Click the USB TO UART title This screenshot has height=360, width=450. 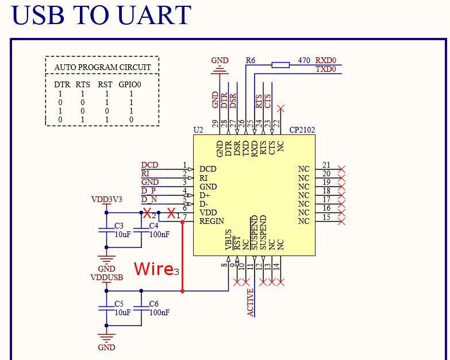[x=101, y=16]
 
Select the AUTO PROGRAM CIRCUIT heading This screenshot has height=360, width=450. [x=102, y=67]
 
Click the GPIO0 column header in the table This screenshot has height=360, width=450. [x=130, y=84]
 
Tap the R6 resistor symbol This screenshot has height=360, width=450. [x=280, y=65]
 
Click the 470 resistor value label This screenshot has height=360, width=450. [x=304, y=60]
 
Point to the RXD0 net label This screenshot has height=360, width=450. [x=326, y=60]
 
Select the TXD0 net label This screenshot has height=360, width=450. [x=326, y=69]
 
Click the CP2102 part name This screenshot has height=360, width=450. [x=302, y=130]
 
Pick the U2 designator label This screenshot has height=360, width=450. [x=198, y=130]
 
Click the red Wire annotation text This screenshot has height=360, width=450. [x=153, y=269]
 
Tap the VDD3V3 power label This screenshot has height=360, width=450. [x=107, y=200]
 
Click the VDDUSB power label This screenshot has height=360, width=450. [x=107, y=277]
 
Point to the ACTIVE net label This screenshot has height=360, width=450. [x=251, y=302]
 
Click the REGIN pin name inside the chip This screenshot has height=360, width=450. [x=211, y=221]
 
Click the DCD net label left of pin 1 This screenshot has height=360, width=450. [x=149, y=165]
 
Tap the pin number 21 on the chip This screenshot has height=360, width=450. [x=326, y=165]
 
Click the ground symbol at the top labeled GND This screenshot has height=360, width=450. [x=219, y=69]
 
